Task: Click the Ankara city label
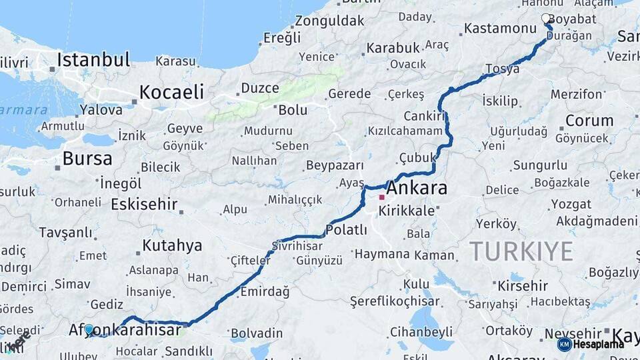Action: click(417, 189)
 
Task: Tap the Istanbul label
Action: click(93, 60)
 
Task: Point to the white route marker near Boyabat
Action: click(546, 19)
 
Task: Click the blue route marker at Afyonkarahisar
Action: click(89, 329)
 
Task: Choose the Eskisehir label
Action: click(144, 204)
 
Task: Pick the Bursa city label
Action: click(87, 159)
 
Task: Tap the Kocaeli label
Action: click(171, 92)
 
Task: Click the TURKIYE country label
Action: click(521, 251)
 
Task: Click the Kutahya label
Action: click(172, 246)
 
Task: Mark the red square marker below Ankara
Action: click(381, 197)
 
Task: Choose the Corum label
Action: click(589, 121)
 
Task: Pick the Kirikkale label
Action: click(406, 211)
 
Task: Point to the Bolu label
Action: click(293, 110)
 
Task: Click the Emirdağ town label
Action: click(265, 291)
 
